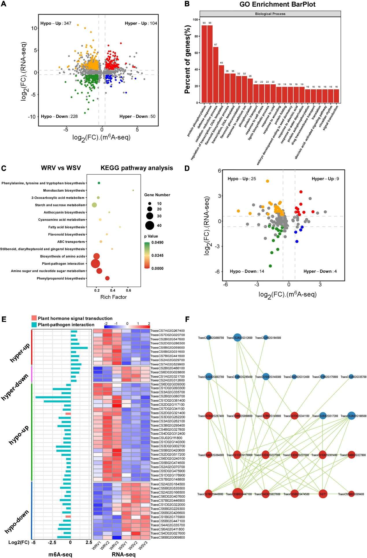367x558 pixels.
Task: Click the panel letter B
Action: click(x=187, y=4)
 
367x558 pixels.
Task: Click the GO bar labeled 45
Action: click(x=221, y=84)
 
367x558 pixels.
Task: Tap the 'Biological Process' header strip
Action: click(x=270, y=14)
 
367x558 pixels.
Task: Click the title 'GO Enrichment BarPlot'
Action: click(x=277, y=4)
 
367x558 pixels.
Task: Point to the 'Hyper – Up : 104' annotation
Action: click(x=141, y=23)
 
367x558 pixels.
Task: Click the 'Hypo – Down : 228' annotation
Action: click(x=59, y=116)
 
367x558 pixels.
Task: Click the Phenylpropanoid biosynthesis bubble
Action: click(x=107, y=278)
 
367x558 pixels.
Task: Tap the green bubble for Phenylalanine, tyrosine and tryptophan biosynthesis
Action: click(x=99, y=183)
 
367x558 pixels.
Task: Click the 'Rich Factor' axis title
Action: click(x=113, y=297)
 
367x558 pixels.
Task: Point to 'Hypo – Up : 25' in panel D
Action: click(x=242, y=179)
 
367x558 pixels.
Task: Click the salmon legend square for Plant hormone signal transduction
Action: click(x=34, y=318)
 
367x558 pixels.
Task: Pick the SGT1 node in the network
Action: click(x=323, y=494)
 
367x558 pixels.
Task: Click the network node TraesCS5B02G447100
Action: click(x=238, y=494)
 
